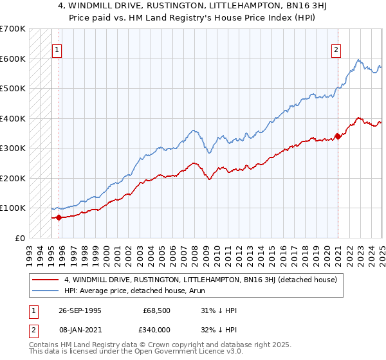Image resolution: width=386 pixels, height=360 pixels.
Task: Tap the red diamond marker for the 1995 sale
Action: click(59, 217)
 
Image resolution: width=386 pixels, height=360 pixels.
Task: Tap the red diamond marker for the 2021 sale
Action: click(338, 136)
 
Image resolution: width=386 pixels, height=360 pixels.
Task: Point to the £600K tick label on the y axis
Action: click(12, 59)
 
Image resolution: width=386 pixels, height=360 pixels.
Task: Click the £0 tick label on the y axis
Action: click(19, 238)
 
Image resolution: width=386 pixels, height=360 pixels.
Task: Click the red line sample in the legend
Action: click(46, 279)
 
